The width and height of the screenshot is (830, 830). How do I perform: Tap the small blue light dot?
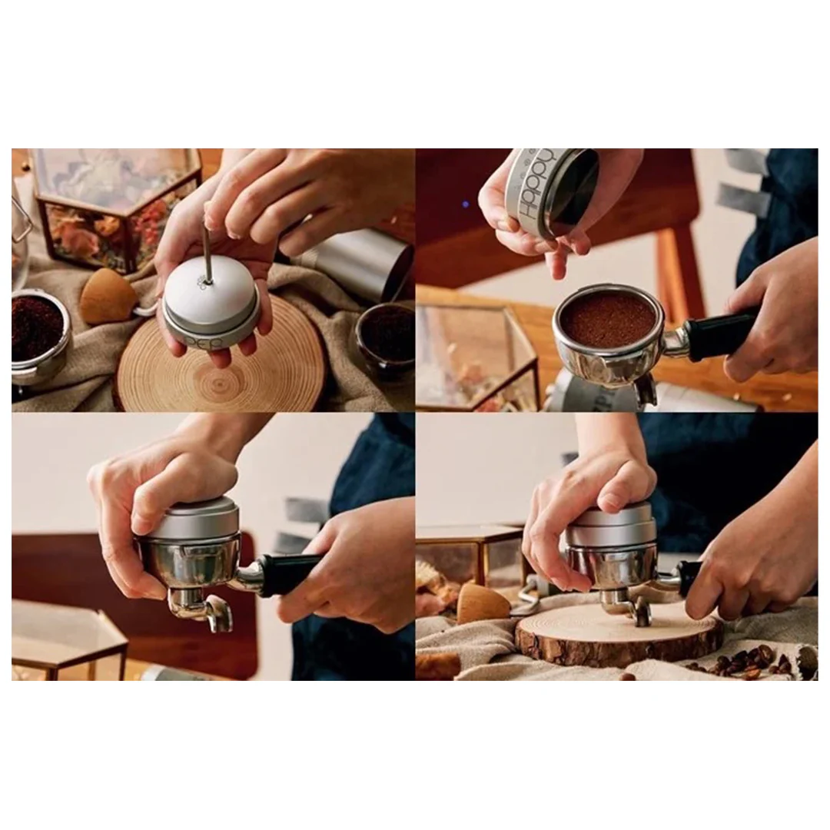click(x=464, y=205)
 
